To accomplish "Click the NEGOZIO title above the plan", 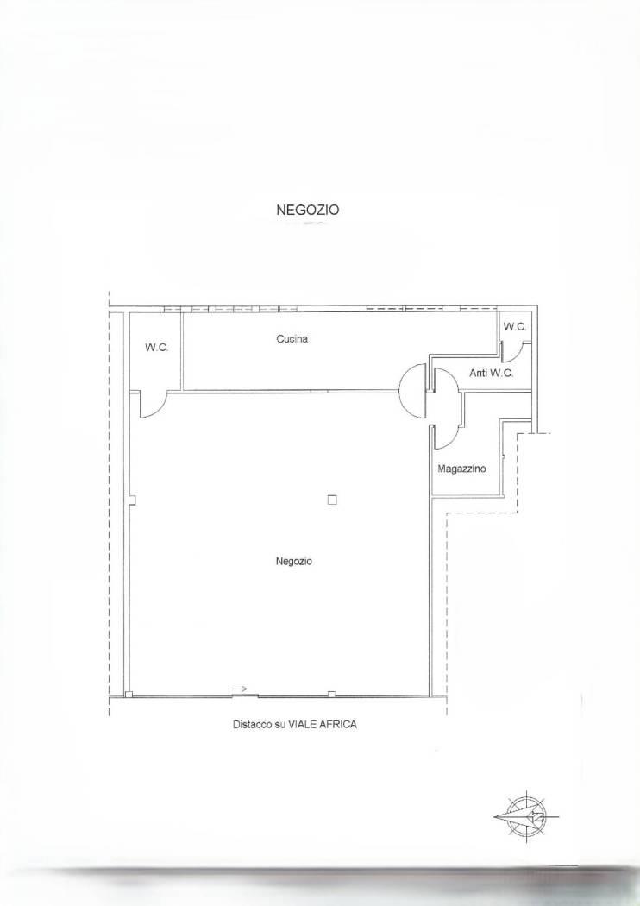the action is [x=307, y=210].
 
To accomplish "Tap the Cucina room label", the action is [x=292, y=339].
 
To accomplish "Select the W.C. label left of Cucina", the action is [x=156, y=347].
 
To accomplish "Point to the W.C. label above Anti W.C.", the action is [x=515, y=326].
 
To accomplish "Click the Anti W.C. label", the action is [x=491, y=374].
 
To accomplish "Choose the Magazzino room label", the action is [x=461, y=469].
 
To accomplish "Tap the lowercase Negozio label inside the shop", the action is [x=294, y=561].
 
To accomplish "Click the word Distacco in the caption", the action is [x=252, y=724].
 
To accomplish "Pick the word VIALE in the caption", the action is [x=302, y=724].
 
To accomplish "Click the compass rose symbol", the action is [x=526, y=816].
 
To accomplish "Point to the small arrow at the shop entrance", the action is [x=240, y=689].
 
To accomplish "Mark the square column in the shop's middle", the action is [x=332, y=500].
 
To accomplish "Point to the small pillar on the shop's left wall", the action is [x=132, y=500].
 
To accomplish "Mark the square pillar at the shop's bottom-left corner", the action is [x=129, y=694].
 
